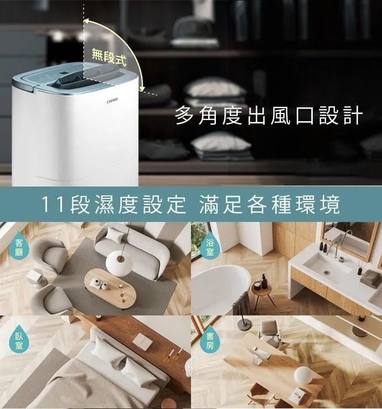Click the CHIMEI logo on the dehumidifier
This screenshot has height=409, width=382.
[112, 100]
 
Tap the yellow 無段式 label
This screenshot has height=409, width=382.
[109, 58]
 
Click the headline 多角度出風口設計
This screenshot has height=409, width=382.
[269, 115]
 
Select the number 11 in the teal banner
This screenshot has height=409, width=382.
[53, 204]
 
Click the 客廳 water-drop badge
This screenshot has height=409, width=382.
[19, 247]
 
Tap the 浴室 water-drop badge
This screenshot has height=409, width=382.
[209, 246]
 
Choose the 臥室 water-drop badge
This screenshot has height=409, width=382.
[19, 340]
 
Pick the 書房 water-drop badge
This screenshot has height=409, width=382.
[209, 340]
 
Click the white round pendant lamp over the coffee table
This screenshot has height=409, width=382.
[119, 263]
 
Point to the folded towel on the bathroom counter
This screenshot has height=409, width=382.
[370, 278]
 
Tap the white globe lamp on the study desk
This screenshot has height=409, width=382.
[303, 375]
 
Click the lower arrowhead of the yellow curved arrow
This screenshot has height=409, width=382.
[142, 89]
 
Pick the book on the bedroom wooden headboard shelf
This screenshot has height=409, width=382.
[142, 340]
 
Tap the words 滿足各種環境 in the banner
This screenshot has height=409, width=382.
[270, 204]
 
